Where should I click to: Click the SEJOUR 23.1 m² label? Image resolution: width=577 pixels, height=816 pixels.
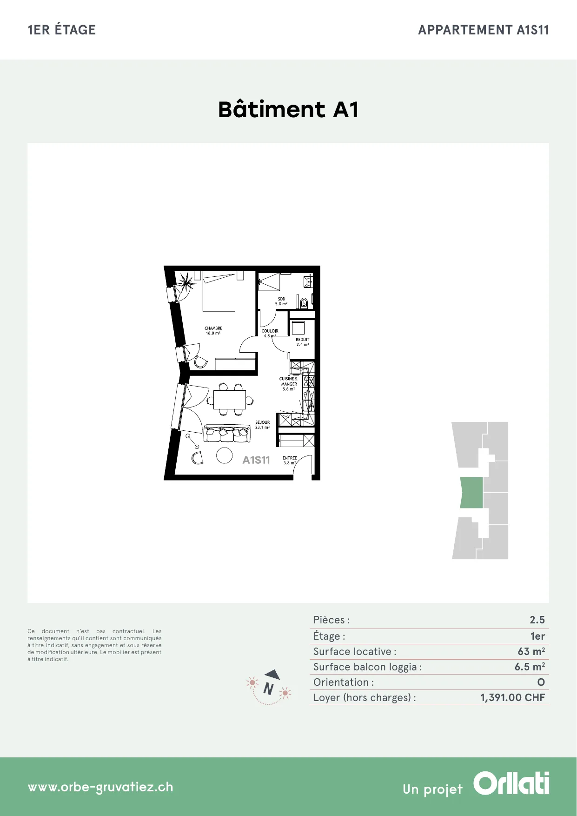click(x=262, y=425)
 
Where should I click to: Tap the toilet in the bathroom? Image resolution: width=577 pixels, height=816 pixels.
click(x=304, y=303)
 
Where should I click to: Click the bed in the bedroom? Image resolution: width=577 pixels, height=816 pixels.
click(x=219, y=292)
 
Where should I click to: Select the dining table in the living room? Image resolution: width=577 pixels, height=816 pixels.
click(x=230, y=399)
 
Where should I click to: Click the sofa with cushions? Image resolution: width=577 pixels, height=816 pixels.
click(x=227, y=434)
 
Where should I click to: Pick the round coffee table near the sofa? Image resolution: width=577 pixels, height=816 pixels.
click(x=225, y=455)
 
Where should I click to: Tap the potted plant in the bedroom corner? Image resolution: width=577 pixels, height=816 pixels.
click(x=186, y=282)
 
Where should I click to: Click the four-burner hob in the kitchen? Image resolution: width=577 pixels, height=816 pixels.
click(x=309, y=382)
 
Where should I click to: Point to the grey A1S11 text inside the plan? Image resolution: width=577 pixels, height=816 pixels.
click(x=256, y=460)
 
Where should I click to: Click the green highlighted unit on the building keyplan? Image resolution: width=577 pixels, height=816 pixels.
click(x=471, y=492)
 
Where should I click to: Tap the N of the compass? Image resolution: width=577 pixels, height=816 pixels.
click(x=268, y=688)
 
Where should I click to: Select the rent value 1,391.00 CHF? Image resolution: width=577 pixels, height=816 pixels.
click(x=512, y=697)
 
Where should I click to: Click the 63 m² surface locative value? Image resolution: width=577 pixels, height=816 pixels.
click(x=531, y=651)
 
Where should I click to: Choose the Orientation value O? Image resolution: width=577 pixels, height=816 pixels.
click(x=541, y=682)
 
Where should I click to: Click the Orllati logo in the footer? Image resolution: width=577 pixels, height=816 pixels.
click(x=511, y=783)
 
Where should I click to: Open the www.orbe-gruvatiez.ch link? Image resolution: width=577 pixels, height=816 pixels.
click(x=100, y=787)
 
